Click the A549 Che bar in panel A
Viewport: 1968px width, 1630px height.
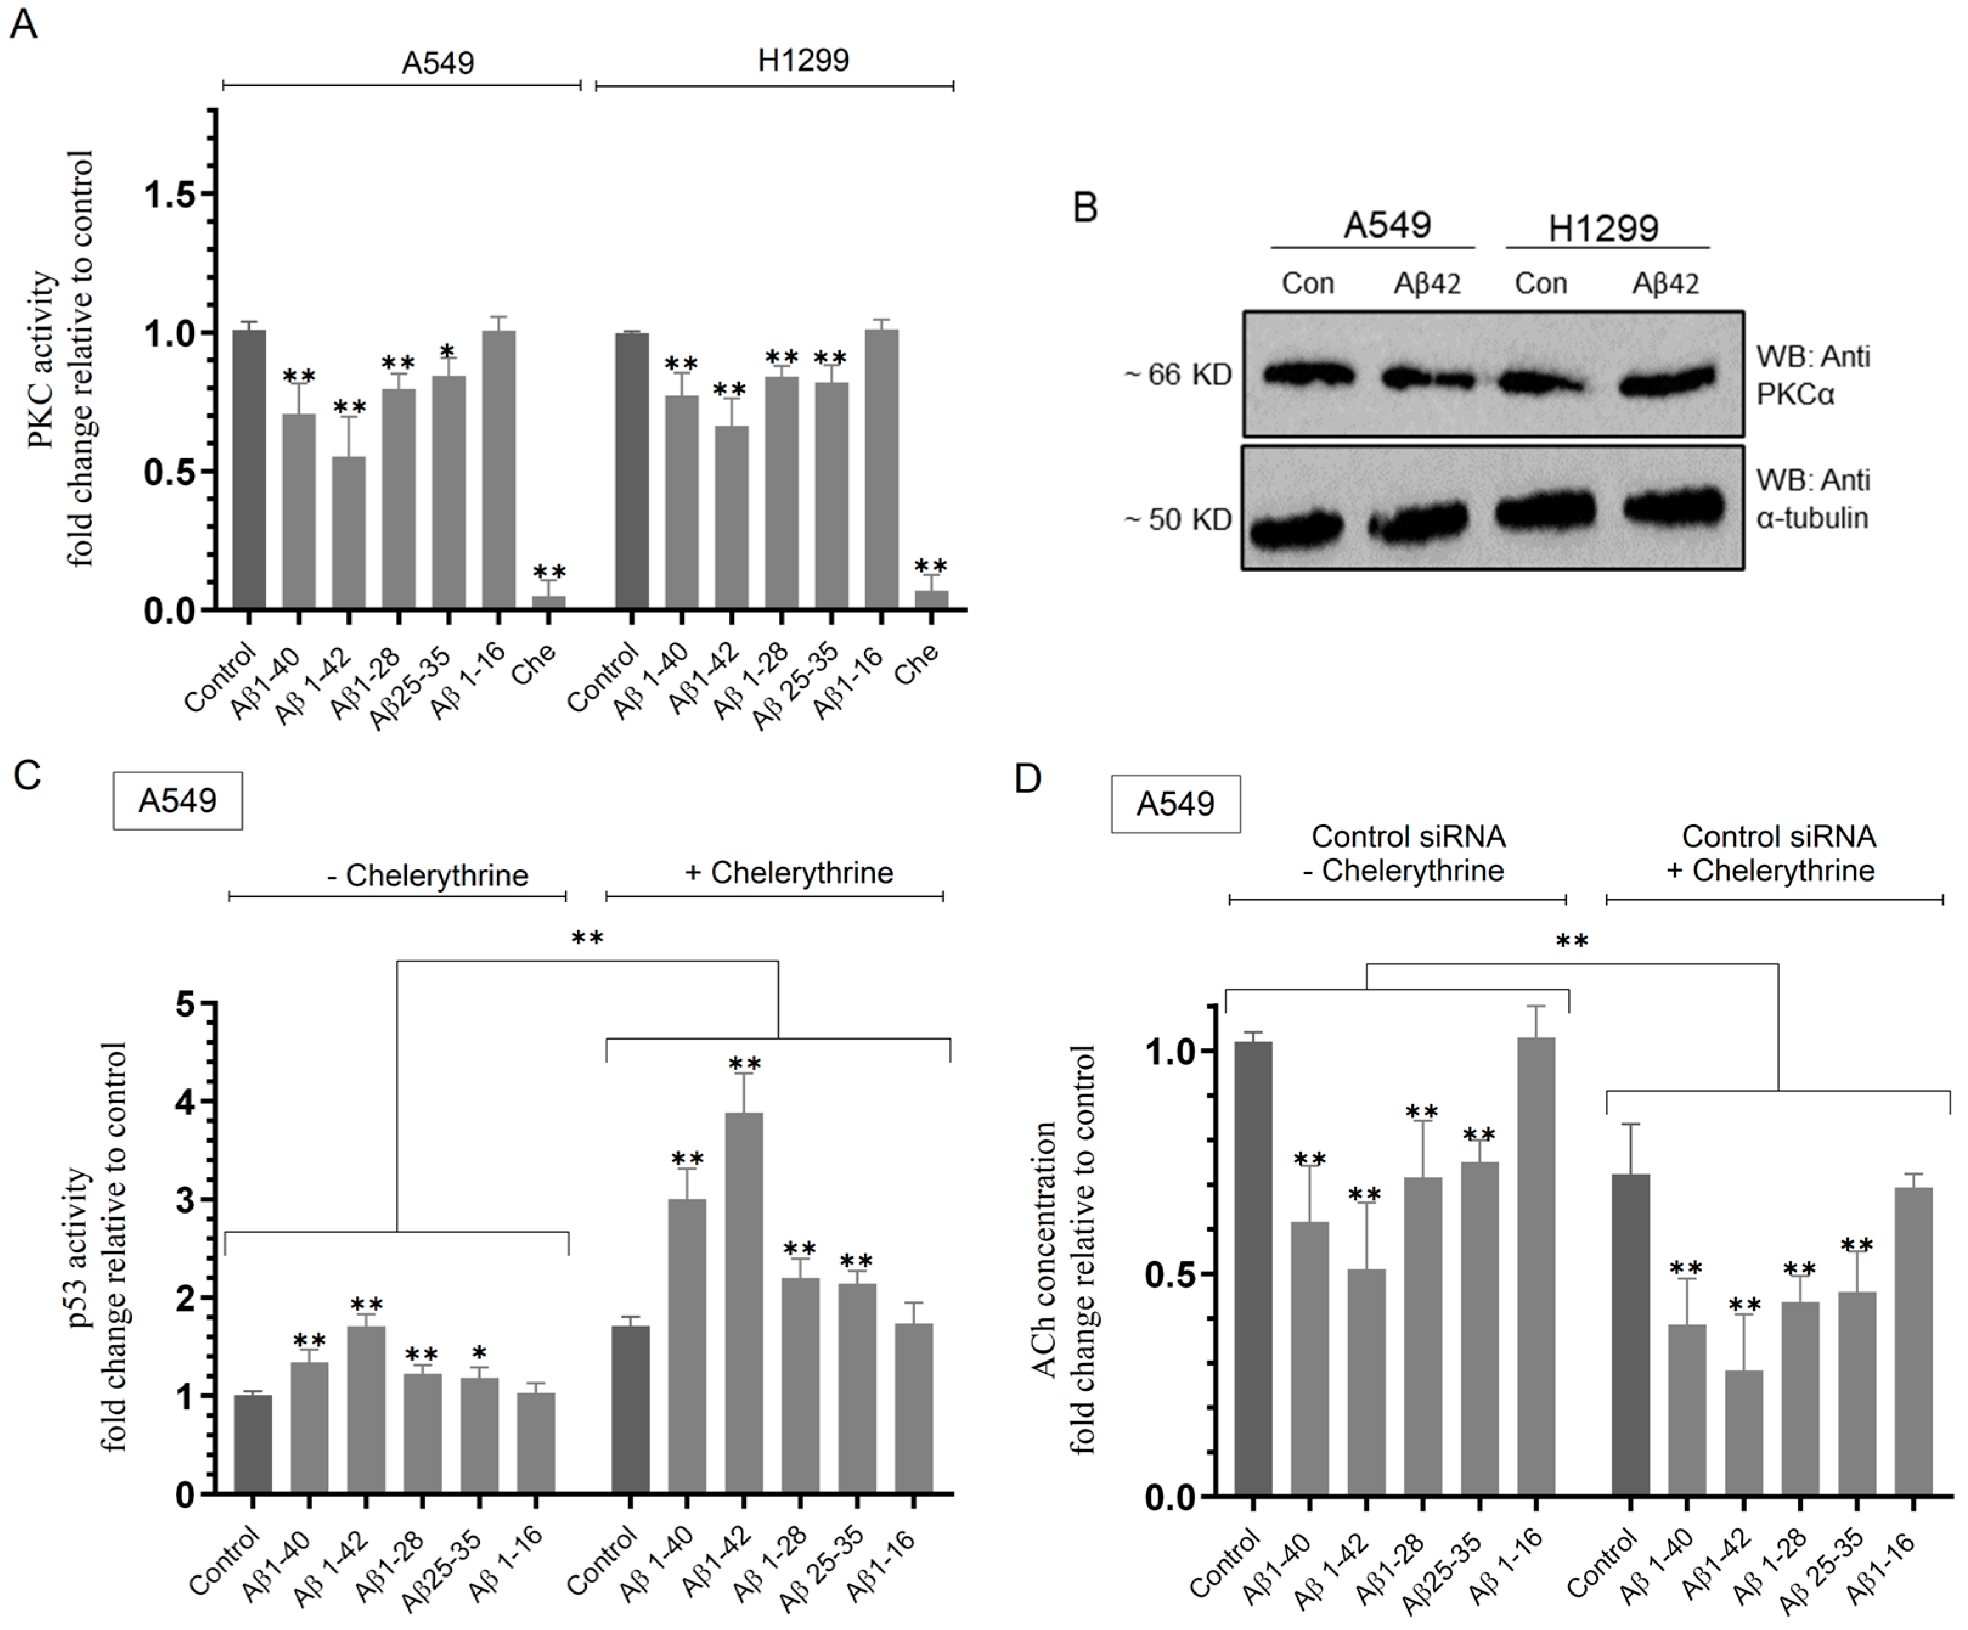coord(548,603)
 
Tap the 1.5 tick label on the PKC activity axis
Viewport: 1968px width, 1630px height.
coord(174,195)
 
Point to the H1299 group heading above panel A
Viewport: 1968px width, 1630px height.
coord(802,61)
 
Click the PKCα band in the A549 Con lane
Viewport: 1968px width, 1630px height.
coord(1308,376)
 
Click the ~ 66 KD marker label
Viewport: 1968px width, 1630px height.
coord(1178,376)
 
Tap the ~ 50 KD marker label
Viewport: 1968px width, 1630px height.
coord(1178,519)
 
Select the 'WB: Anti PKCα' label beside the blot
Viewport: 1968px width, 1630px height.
coord(1812,375)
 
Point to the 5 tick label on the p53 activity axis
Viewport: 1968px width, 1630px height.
coord(185,1005)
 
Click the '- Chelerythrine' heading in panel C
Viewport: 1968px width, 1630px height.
coord(427,875)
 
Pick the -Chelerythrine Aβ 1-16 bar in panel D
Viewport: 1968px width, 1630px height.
coord(1535,1265)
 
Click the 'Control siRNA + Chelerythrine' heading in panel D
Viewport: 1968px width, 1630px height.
coord(1778,853)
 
